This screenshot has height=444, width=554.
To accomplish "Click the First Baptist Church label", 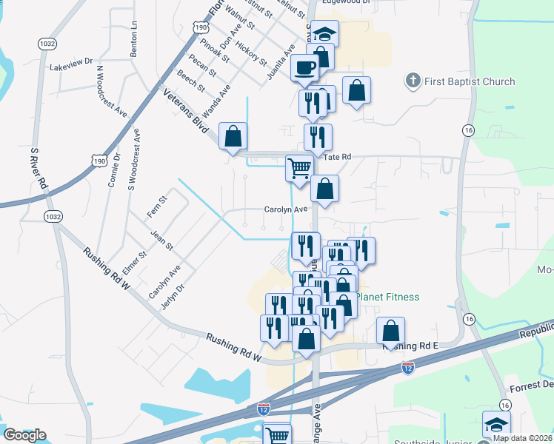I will click(x=467, y=81).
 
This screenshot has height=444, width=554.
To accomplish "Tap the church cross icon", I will click(x=413, y=80).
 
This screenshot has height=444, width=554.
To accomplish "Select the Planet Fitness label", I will click(x=387, y=297).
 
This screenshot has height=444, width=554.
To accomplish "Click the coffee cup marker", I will click(x=304, y=68).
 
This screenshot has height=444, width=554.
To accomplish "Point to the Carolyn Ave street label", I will click(x=286, y=209).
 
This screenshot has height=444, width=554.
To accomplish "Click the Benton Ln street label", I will click(x=134, y=38).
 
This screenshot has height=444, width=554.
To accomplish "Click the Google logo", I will click(x=24, y=435).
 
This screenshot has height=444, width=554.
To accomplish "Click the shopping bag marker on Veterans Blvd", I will click(x=233, y=136).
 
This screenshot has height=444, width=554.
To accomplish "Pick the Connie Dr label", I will click(x=115, y=170).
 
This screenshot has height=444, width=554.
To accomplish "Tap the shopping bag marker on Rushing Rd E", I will click(x=390, y=331).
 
